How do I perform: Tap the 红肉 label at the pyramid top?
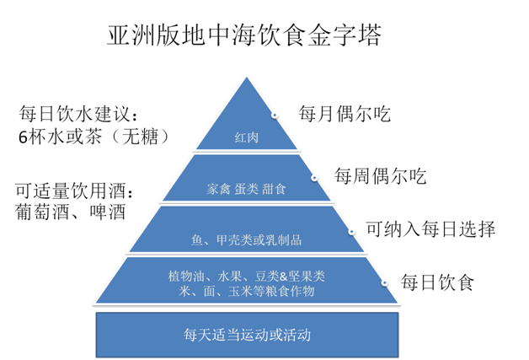coord(246,137)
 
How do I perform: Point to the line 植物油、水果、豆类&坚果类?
coord(246,276)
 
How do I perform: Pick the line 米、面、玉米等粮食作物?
coord(246,291)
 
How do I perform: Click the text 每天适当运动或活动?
coord(247,334)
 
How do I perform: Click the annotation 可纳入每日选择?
coord(430,229)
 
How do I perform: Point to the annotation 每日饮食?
coord(437,282)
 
